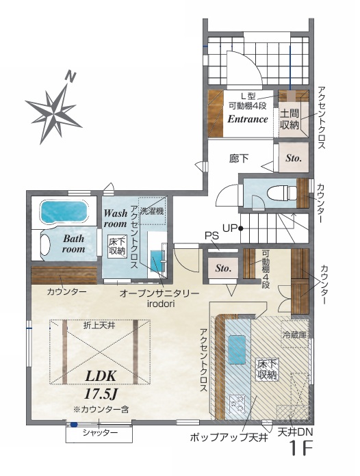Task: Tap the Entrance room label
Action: [x=248, y=119]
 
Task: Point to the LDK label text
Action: [x=101, y=376]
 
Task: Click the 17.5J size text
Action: [x=101, y=394]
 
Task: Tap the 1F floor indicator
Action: [x=301, y=448]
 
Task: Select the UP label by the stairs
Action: [x=230, y=228]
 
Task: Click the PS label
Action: [x=211, y=236]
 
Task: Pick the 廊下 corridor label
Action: [x=239, y=158]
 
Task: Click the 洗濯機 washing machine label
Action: [x=151, y=211]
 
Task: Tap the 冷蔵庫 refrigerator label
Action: [x=294, y=335]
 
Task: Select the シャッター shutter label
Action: [x=100, y=433]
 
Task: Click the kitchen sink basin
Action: [x=237, y=349]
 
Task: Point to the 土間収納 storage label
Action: [x=290, y=120]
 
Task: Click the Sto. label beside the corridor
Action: [x=294, y=158]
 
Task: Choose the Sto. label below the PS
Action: [x=223, y=268]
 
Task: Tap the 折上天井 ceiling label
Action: [x=99, y=326]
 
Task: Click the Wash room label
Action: [x=115, y=218]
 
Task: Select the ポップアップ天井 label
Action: [x=229, y=438]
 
